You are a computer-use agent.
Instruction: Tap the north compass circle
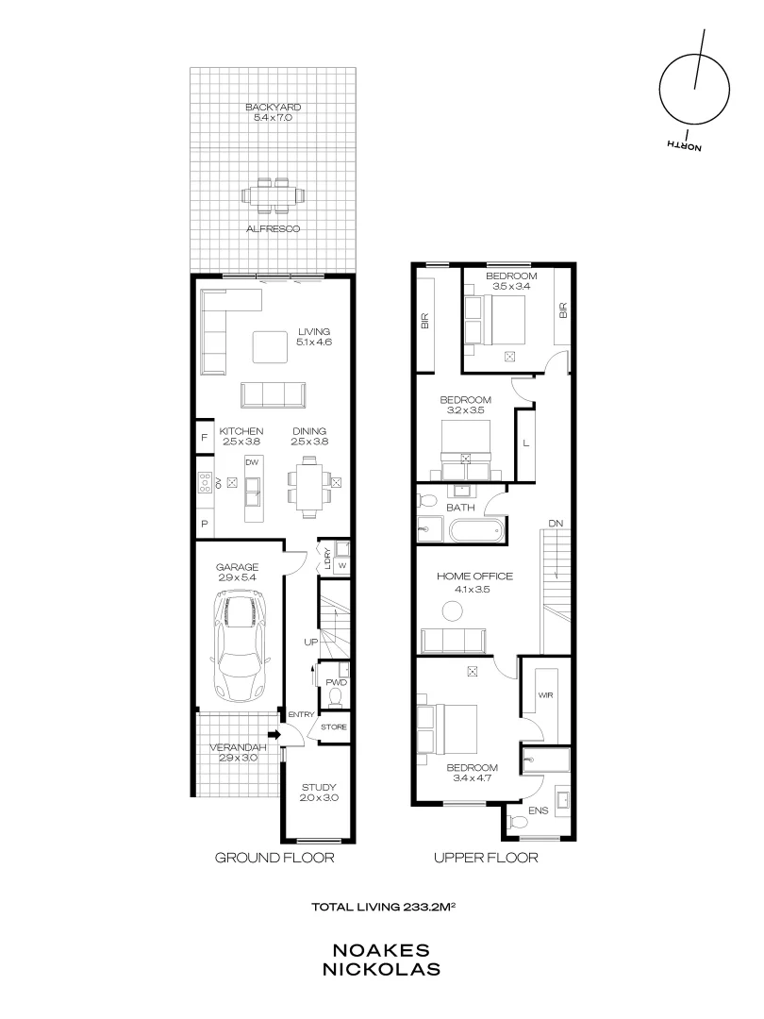point(694,90)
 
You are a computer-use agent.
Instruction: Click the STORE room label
point(334,727)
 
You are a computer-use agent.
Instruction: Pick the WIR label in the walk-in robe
point(544,694)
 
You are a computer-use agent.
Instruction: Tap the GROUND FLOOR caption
point(274,858)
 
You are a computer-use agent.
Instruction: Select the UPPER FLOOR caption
point(485,858)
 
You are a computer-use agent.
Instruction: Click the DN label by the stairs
point(556,525)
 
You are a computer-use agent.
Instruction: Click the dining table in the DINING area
point(308,487)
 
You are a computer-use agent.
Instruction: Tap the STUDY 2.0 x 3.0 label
point(319,793)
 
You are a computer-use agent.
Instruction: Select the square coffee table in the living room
point(271,346)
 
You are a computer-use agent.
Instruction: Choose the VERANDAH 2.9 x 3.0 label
point(236,753)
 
